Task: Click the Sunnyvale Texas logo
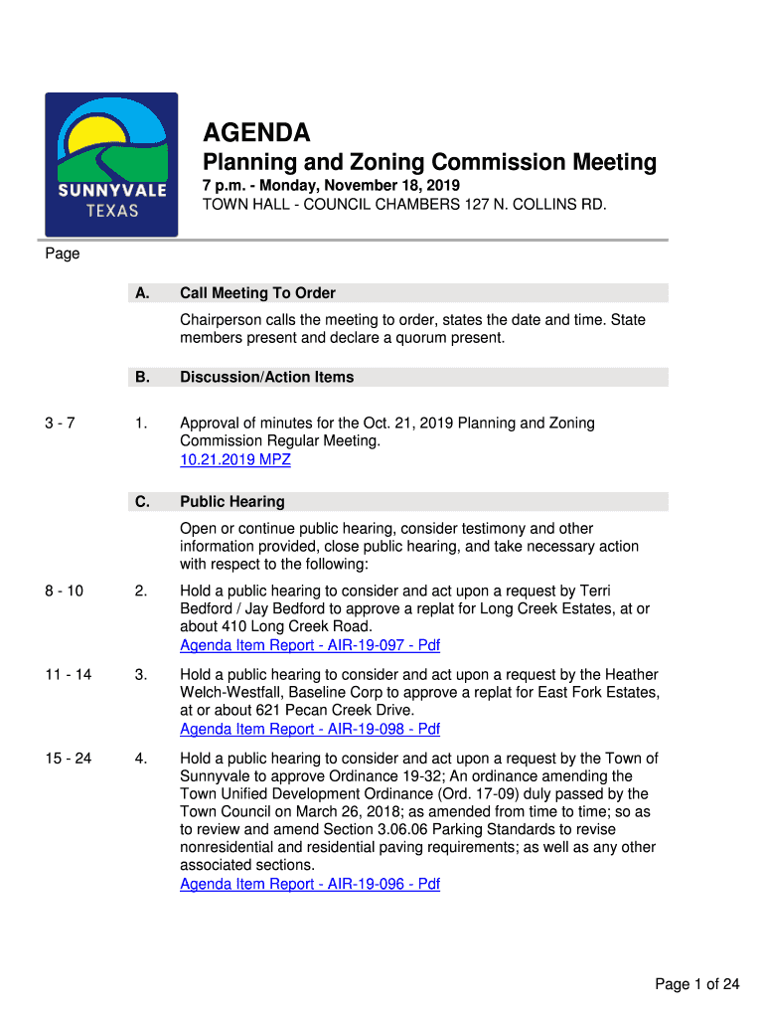pos(111,164)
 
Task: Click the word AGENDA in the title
pos(256,132)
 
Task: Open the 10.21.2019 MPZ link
pos(234,459)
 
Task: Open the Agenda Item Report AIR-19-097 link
pos(309,645)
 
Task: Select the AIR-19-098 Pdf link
pos(309,729)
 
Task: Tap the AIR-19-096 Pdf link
pos(309,884)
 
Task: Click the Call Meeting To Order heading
pos(257,293)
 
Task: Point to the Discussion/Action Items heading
pos(266,377)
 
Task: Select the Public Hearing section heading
pos(231,502)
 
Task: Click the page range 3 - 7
pos(62,424)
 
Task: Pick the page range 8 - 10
pos(64,592)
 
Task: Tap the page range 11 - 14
pos(68,675)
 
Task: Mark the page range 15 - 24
pos(68,759)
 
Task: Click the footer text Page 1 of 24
pos(696,984)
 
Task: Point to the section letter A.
pos(142,293)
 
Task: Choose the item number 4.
pos(141,759)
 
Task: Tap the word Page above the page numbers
pos(62,254)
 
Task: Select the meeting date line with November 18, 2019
pos(331,187)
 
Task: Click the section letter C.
pos(142,502)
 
